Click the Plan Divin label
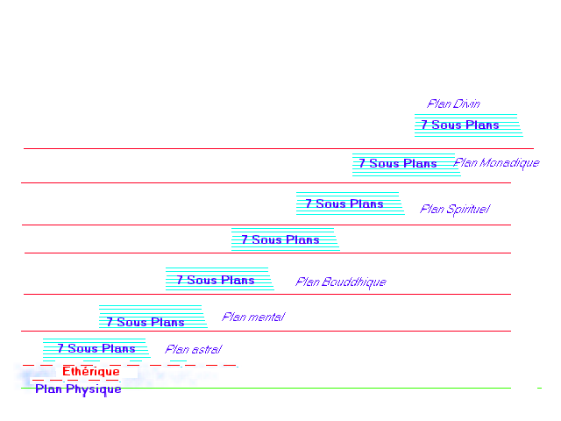click(453, 104)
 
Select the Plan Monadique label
click(496, 163)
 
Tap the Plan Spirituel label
click(454, 210)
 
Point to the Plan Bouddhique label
click(340, 282)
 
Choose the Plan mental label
click(252, 318)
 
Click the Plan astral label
click(193, 350)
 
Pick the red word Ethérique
click(90, 372)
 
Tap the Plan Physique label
click(78, 389)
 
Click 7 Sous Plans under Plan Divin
click(459, 125)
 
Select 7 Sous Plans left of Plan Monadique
click(397, 164)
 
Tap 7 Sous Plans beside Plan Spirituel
click(344, 204)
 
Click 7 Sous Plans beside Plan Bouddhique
click(215, 281)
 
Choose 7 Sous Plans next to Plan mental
click(145, 322)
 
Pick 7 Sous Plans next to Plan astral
click(96, 349)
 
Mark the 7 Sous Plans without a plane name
click(280, 239)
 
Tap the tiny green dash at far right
click(539, 388)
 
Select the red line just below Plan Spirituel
click(263, 225)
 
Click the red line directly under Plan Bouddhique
click(263, 294)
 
